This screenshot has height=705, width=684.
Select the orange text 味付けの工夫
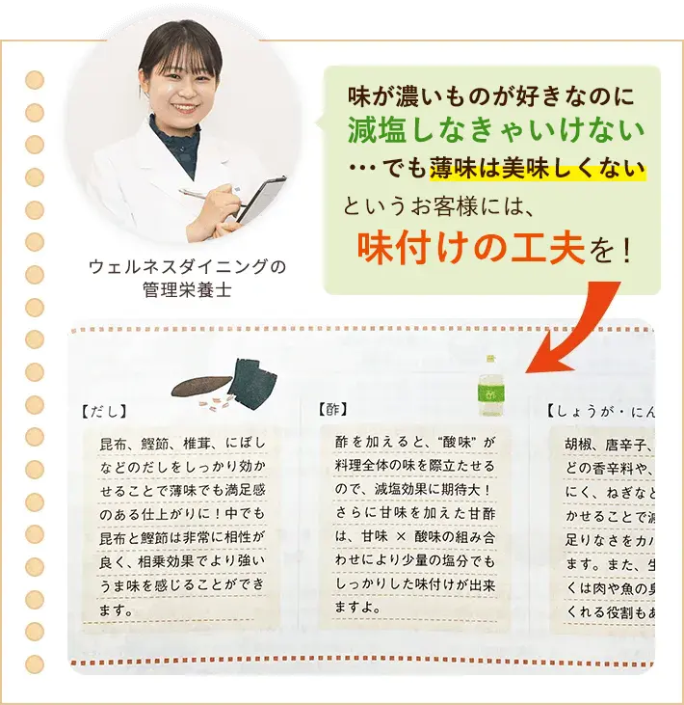point(471,248)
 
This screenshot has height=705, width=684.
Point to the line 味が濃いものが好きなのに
point(491,96)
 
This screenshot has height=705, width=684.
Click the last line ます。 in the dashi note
point(118,610)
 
